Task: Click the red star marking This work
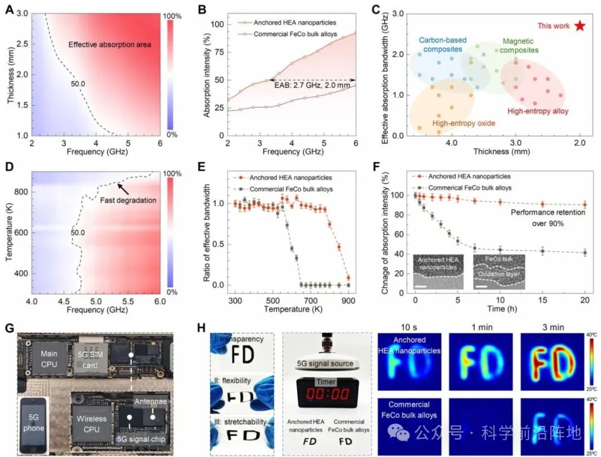(580, 26)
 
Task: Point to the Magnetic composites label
(521, 46)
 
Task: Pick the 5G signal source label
(326, 363)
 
